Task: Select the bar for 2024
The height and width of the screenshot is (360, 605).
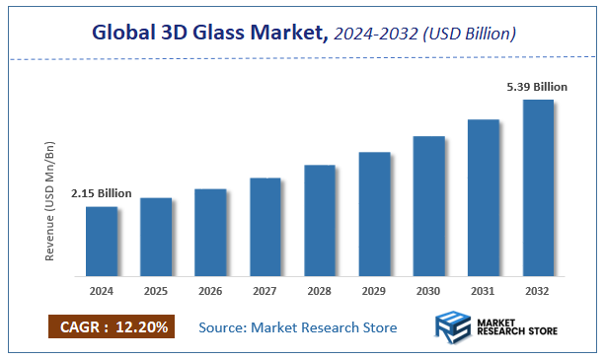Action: [x=102, y=242]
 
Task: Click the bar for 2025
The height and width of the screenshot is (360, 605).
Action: [x=156, y=238]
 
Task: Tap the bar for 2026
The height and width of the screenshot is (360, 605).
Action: [x=210, y=233]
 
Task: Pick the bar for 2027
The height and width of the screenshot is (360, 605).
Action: [x=265, y=228]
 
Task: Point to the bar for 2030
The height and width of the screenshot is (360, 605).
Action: [x=428, y=206]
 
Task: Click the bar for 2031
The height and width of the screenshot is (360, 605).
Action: [x=483, y=198]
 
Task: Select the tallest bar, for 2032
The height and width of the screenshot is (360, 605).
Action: [x=538, y=188]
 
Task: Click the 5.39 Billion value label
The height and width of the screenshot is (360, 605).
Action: [x=537, y=87]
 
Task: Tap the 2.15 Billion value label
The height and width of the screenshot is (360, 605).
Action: [x=101, y=193]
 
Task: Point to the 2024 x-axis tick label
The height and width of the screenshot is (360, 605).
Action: [x=102, y=292]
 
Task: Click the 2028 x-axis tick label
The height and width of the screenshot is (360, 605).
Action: [x=320, y=292]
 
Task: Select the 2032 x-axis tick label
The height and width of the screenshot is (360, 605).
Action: [x=538, y=292]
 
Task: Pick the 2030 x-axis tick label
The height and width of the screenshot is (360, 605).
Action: [x=428, y=292]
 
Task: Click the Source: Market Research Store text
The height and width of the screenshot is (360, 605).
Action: [x=298, y=327]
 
